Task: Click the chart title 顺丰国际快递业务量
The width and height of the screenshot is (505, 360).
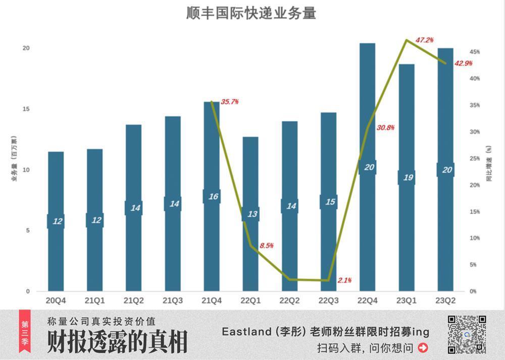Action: pos(251,13)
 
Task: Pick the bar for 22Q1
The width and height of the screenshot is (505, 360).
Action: pos(250,252)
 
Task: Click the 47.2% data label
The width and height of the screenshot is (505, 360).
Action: pos(425,39)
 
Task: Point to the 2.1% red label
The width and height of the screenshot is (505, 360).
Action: pos(345,280)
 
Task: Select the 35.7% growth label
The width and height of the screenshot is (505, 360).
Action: pos(230,101)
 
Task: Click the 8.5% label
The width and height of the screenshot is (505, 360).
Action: pos(267,246)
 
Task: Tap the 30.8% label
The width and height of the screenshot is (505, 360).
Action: pos(385,127)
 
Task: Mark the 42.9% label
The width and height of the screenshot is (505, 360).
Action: pos(464,63)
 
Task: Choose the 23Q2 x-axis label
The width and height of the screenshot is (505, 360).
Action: pos(445,300)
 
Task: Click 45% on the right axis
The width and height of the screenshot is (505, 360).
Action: pos(474,52)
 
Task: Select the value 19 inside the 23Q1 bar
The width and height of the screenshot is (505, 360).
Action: pos(407,177)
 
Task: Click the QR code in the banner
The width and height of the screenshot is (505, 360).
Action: pos(467,334)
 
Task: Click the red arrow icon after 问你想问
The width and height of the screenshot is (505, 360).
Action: pos(423,347)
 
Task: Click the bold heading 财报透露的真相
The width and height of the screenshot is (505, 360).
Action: pos(117,342)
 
